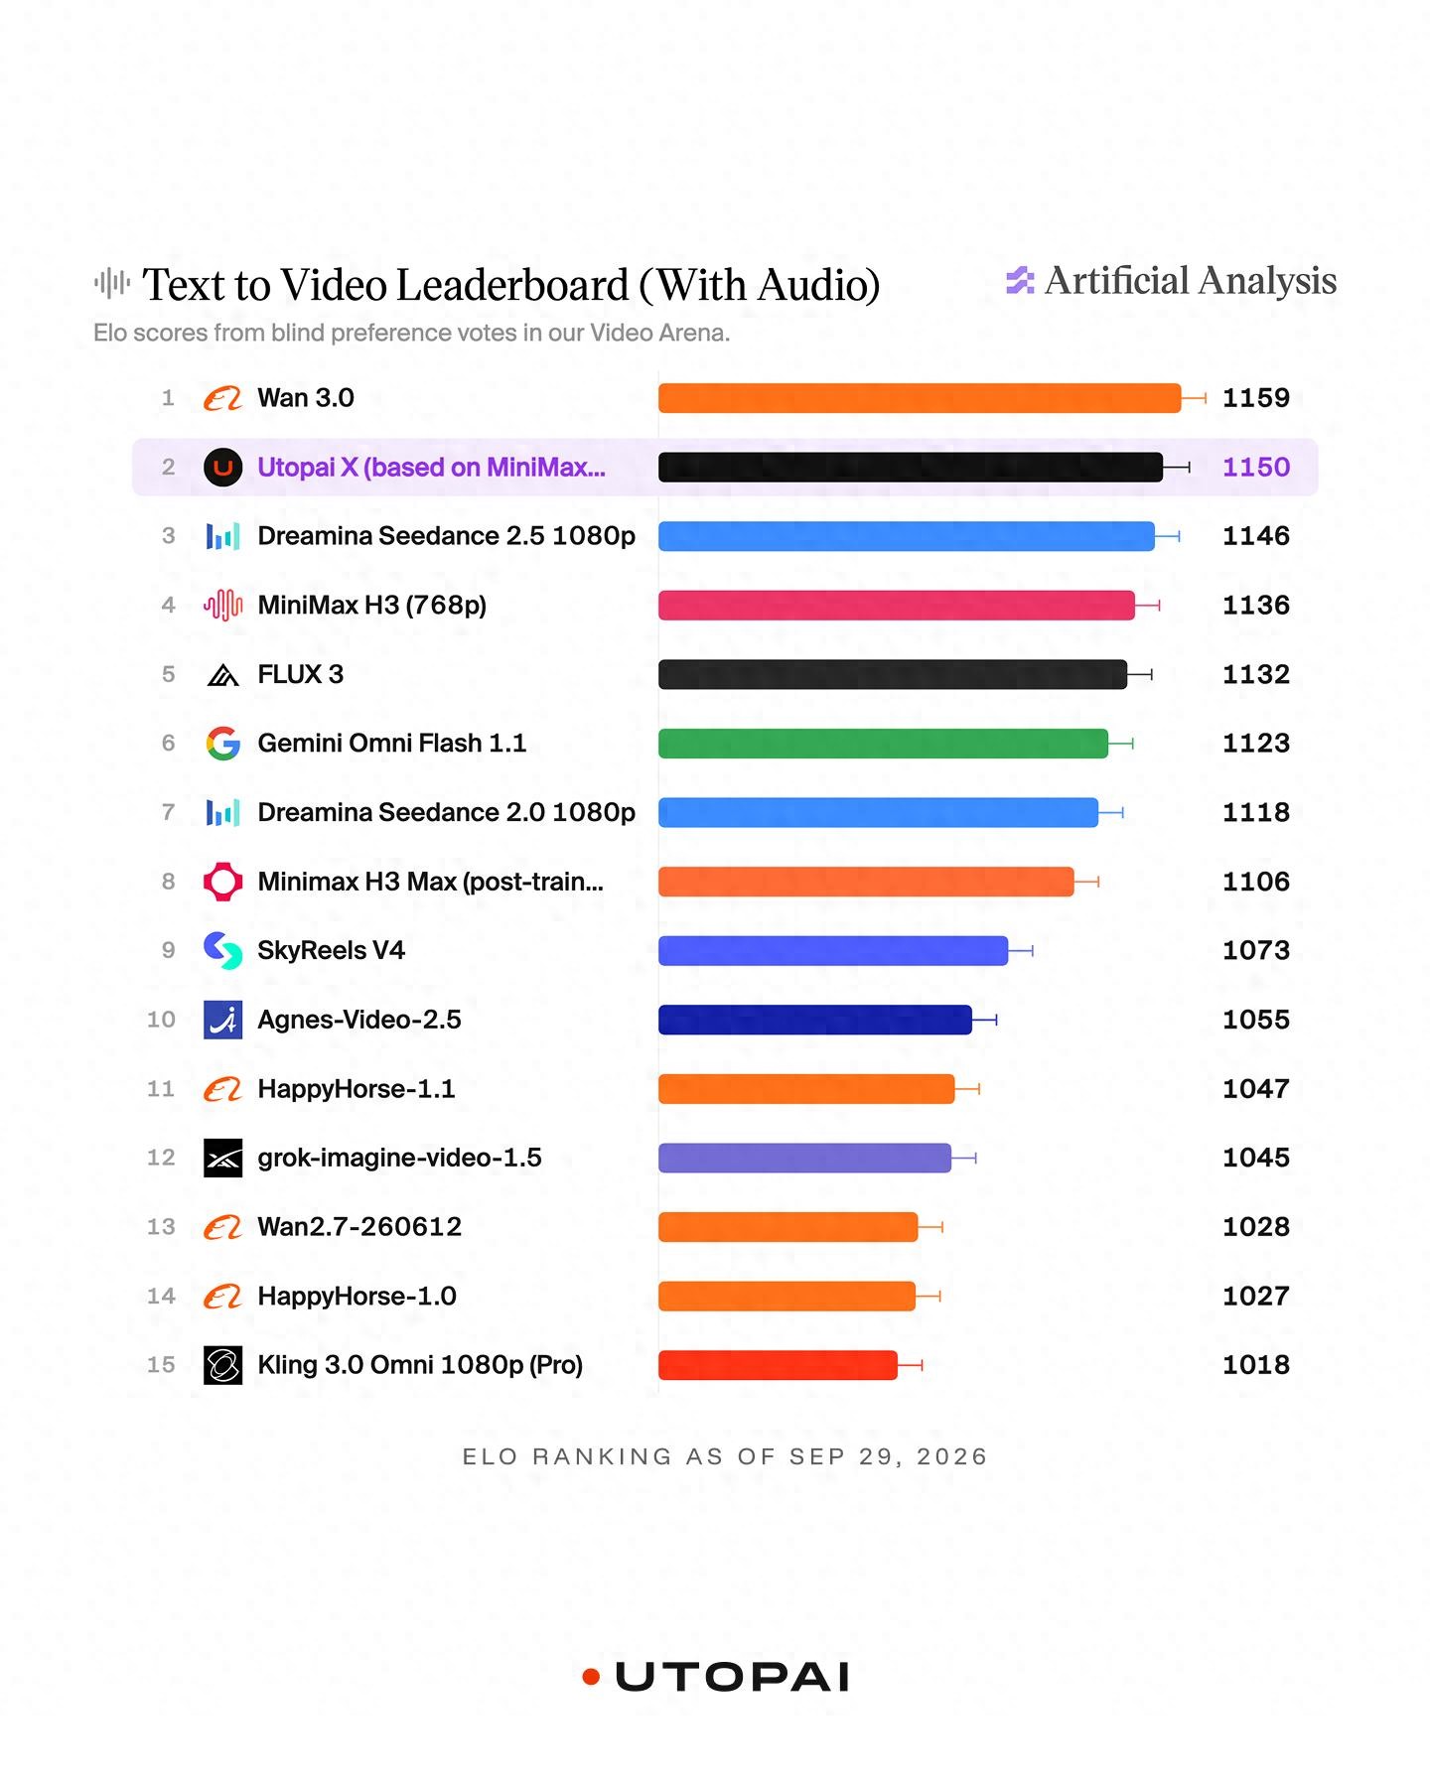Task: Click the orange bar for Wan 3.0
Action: pos(920,398)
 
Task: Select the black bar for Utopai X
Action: pos(911,467)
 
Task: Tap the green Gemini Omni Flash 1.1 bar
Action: pos(883,744)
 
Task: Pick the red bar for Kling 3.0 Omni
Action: pos(778,1365)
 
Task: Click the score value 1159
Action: pos(1255,398)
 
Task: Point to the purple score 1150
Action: pos(1255,467)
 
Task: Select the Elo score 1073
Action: pos(1255,950)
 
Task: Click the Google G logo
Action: pos(223,744)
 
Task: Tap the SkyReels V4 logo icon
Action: pos(223,950)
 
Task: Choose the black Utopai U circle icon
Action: pos(223,467)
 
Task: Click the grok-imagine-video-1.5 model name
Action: pos(399,1158)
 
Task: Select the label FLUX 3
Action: pos(300,674)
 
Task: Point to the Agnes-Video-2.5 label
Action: pos(359,1020)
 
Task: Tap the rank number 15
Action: pos(161,1365)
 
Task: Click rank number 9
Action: pos(168,950)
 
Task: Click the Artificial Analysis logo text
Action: pos(1191,281)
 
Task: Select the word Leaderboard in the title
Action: pos(512,285)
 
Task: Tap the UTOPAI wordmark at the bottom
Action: pos(732,1677)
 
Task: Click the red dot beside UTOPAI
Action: pos(592,1677)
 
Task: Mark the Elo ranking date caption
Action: pos(725,1456)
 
